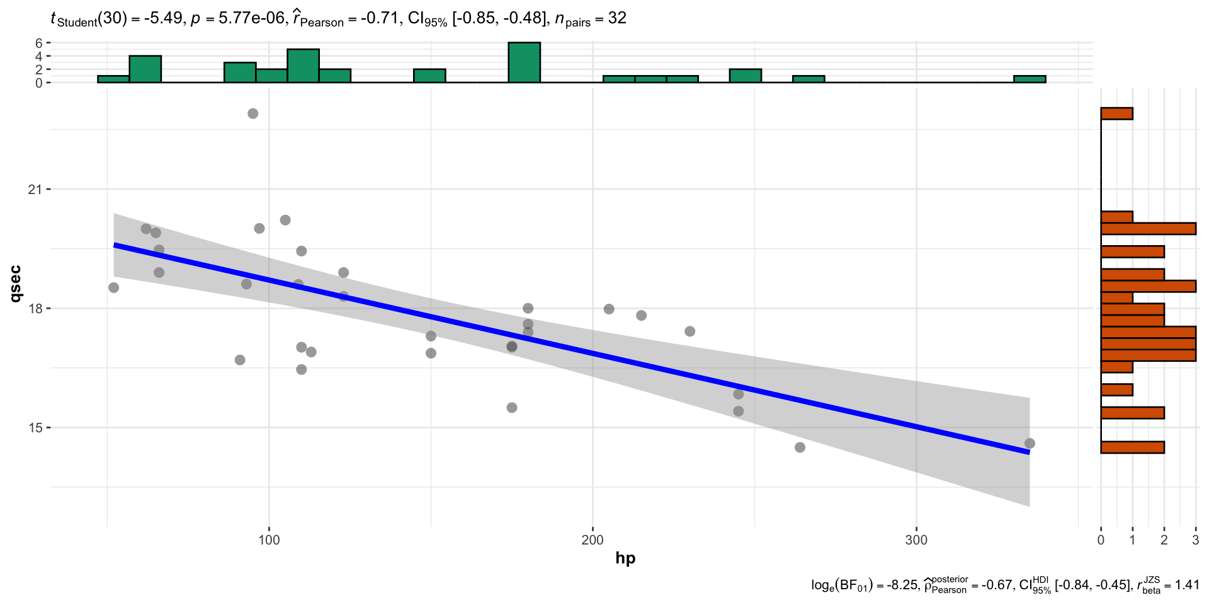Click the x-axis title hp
pyautogui.click(x=625, y=558)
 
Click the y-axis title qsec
pyautogui.click(x=15, y=284)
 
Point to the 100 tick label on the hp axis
pyautogui.click(x=269, y=540)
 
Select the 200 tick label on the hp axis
pyautogui.click(x=593, y=540)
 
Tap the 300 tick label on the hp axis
pyautogui.click(x=916, y=540)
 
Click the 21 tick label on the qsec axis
pyautogui.click(x=35, y=189)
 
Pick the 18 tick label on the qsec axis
pyautogui.click(x=35, y=308)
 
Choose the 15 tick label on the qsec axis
pyautogui.click(x=35, y=427)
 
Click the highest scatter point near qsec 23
pyautogui.click(x=253, y=113)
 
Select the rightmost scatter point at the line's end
pyautogui.click(x=1030, y=444)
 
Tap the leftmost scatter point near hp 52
pyautogui.click(x=113, y=287)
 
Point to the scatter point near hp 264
pyautogui.click(x=800, y=447)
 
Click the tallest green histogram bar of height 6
pyautogui.click(x=524, y=62)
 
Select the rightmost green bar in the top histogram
pyautogui.click(x=1030, y=79)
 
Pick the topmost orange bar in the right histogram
pyautogui.click(x=1116, y=113)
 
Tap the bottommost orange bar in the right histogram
pyautogui.click(x=1132, y=447)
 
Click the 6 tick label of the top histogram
pyautogui.click(x=39, y=43)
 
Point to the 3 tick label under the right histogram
pyautogui.click(x=1195, y=540)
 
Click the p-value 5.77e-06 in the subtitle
pyautogui.click(x=251, y=18)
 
